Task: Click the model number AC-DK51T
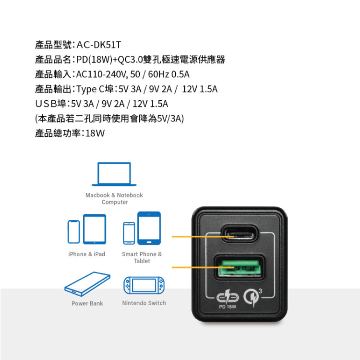coord(99,45)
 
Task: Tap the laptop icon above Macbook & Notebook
coord(114,174)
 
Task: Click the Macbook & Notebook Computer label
coord(114,199)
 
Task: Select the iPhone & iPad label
coord(86,254)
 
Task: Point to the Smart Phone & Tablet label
coord(142,257)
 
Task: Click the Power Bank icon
coord(87,284)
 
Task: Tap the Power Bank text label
coord(87,303)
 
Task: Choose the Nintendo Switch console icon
coord(144,286)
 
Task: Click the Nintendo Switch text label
coord(144,303)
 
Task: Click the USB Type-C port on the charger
coord(239,234)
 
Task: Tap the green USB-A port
coord(240,267)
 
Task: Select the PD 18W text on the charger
coord(228,307)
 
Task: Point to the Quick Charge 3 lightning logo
coord(252,297)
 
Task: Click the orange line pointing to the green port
coord(203,267)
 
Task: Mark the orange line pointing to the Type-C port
coord(203,237)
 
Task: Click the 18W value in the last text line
coord(95,133)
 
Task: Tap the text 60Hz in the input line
coord(158,74)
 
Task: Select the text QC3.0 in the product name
coord(131,60)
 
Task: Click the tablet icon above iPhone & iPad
coord(95,229)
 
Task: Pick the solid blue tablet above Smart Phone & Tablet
coord(149,228)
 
